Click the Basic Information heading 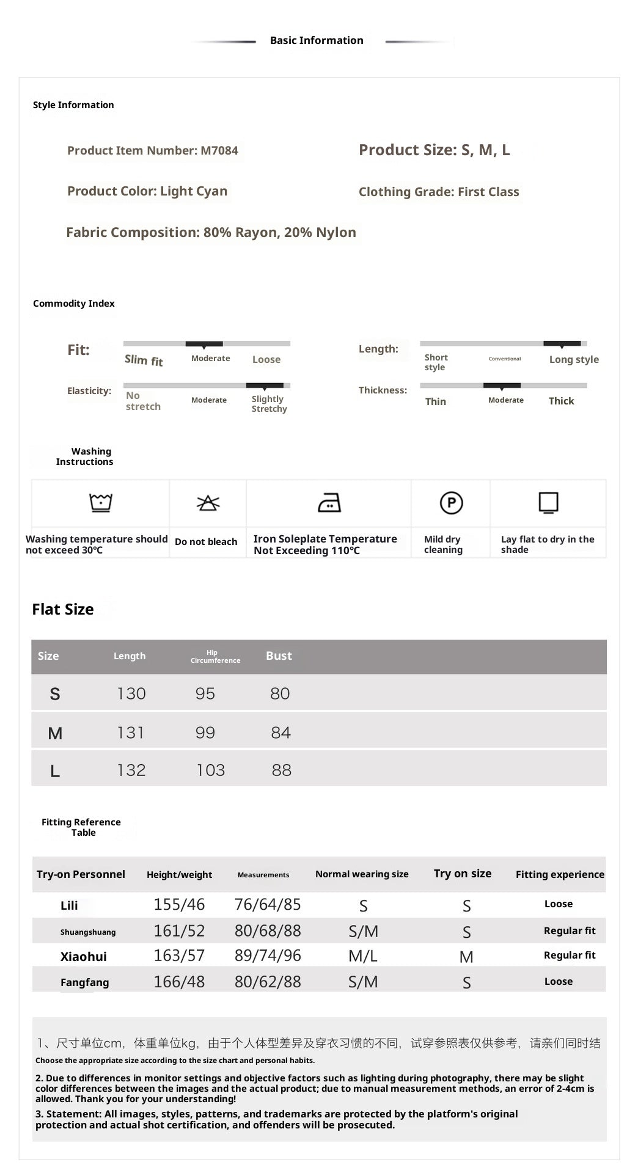[317, 40]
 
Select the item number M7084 [219, 150]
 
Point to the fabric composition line [211, 232]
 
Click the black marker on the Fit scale [204, 344]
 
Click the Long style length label [574, 359]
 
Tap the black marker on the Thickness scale [502, 386]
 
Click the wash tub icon [101, 502]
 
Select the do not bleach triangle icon [208, 503]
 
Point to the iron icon [329, 503]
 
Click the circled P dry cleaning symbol [451, 503]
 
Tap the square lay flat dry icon [548, 503]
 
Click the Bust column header [279, 656]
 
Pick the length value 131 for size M [131, 733]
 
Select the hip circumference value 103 [210, 770]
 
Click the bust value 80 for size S [280, 693]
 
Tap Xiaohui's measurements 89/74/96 [268, 956]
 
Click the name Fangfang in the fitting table [84, 982]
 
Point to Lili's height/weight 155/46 [179, 904]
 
